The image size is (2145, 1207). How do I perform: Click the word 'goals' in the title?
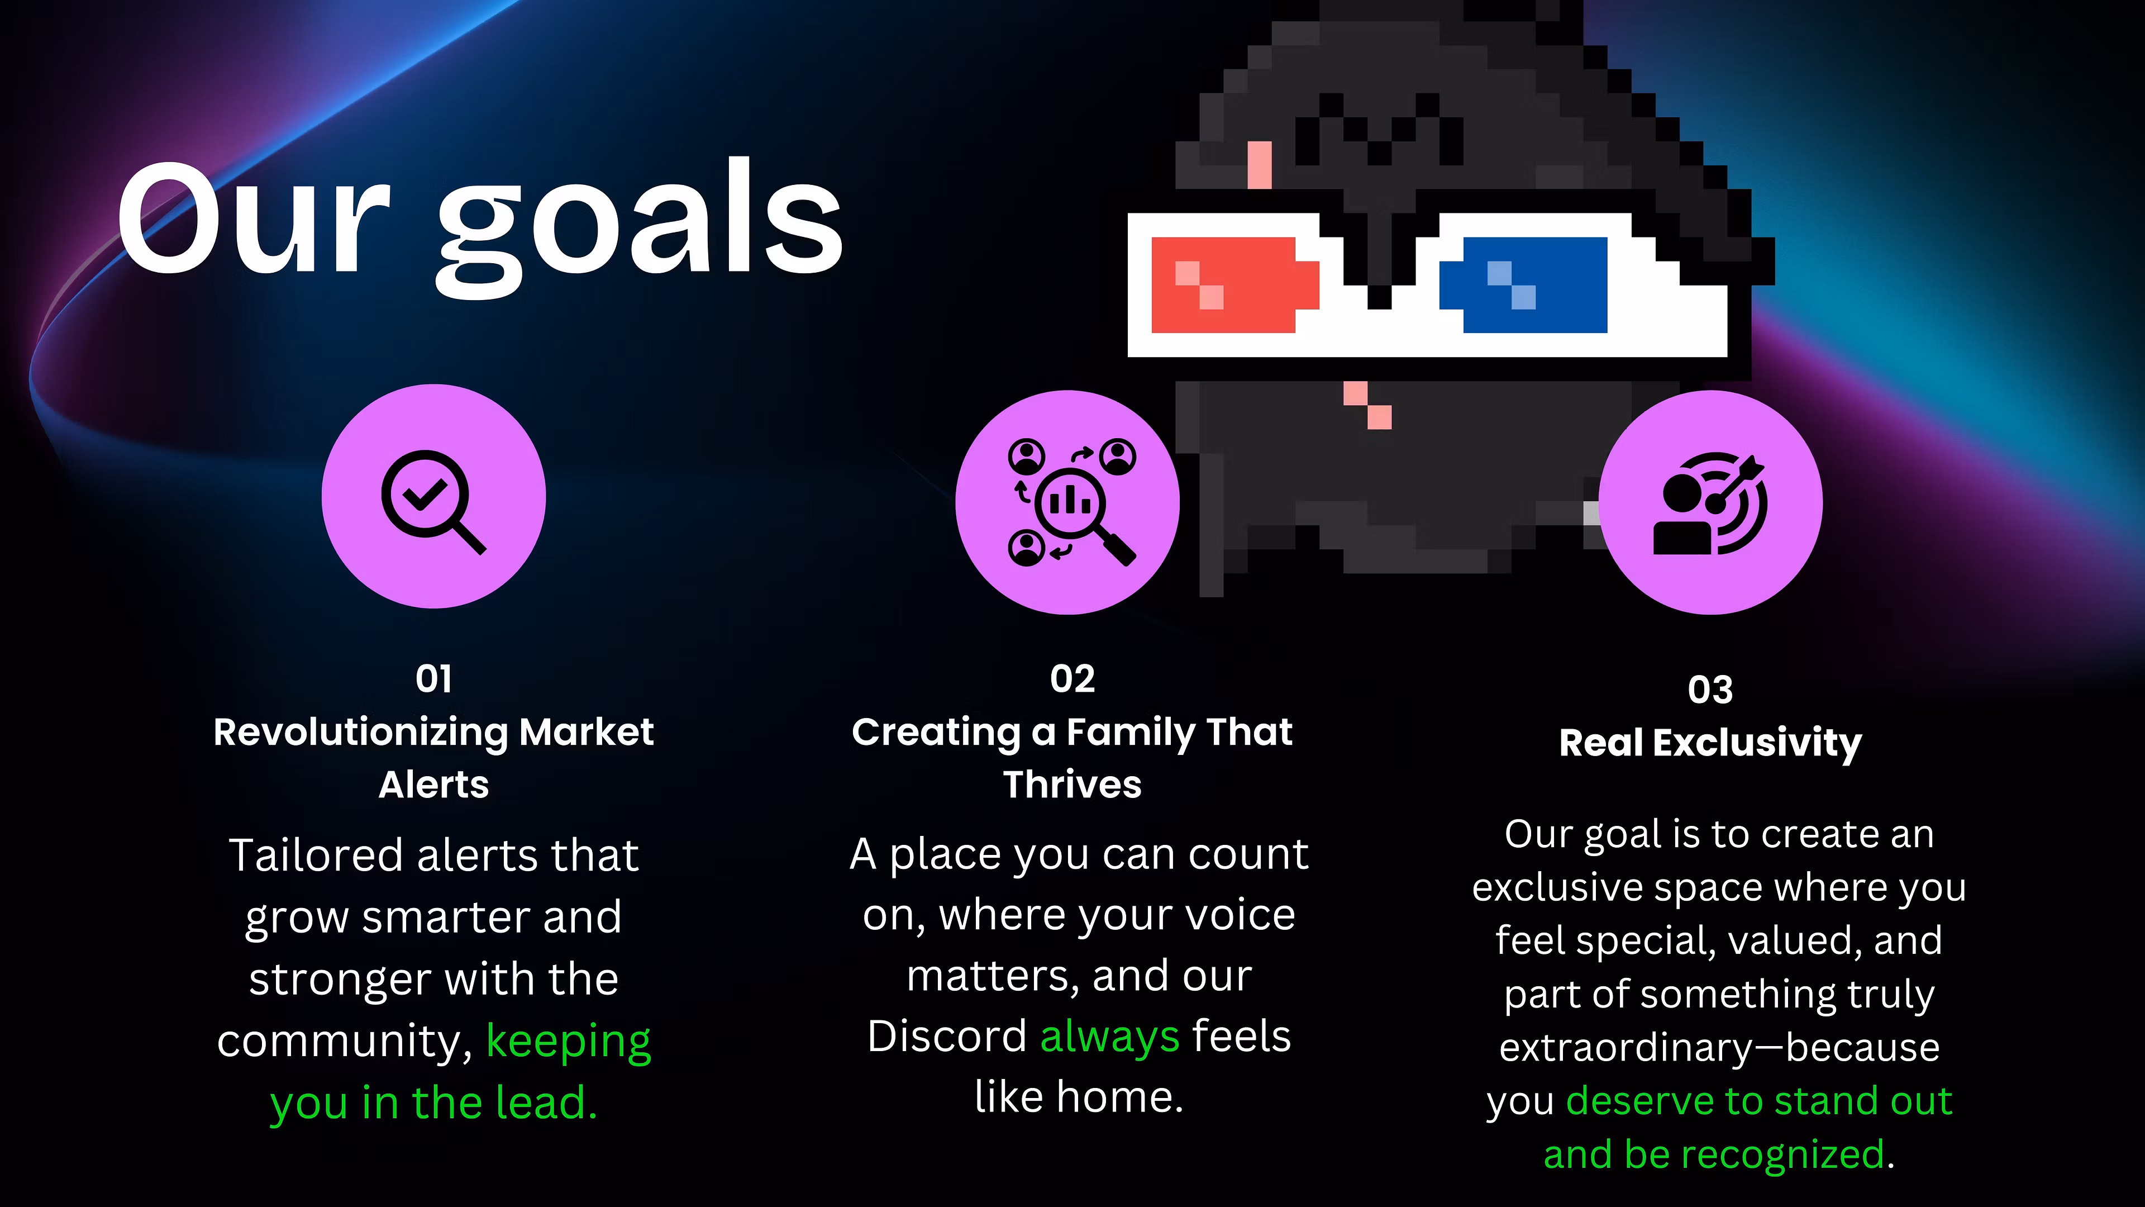640,226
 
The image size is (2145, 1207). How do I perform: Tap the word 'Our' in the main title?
253,218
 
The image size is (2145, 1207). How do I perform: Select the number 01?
434,679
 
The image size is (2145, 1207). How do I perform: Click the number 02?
1072,679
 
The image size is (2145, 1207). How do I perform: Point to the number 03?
1710,690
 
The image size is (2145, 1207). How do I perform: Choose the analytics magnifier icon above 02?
1072,502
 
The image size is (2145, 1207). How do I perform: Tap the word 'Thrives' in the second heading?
1072,785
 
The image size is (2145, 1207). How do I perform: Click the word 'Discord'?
947,1036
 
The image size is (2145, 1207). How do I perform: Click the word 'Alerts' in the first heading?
434,785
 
